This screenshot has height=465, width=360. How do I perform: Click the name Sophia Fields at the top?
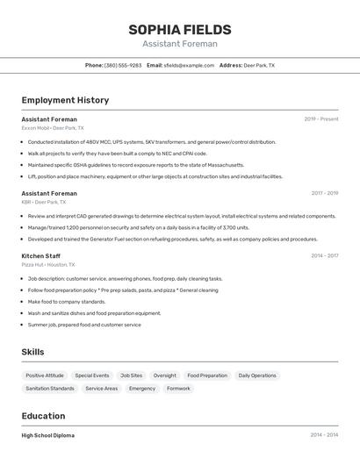pos(180,30)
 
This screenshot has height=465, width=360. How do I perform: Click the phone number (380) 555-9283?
pos(123,65)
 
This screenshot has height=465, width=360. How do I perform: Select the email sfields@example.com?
pos(189,65)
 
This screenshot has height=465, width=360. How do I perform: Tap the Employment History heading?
pos(65,100)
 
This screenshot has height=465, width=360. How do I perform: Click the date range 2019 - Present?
pos(321,119)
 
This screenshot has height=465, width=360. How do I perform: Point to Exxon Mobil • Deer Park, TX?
pos(53,128)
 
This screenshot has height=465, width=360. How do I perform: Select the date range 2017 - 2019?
pos(324,193)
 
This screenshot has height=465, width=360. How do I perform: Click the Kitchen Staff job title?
pos(41,255)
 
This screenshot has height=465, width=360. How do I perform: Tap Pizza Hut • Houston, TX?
pos(48,264)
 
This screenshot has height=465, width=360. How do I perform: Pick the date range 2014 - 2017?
pos(324,255)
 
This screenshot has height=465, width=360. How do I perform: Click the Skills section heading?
pos(32,352)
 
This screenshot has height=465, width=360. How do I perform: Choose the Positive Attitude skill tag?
pos(45,376)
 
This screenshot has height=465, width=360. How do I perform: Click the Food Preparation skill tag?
pos(207,376)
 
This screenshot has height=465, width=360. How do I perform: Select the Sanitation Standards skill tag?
pos(50,388)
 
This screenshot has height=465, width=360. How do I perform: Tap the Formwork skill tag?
pos(178,388)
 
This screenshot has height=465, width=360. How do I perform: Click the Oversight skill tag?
pos(164,376)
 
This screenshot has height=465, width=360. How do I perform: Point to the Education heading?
pos(43,416)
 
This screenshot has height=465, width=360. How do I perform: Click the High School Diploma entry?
pos(48,435)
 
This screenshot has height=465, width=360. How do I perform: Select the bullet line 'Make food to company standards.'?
pos(66,301)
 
